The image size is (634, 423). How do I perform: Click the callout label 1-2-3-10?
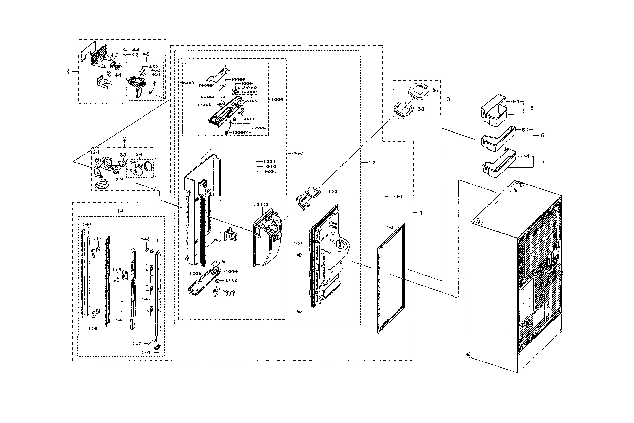pos(261,205)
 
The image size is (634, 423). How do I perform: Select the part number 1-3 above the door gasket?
pos(390,227)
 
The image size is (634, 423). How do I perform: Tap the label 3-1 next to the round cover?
pos(435,90)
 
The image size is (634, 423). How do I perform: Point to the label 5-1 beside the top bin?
pos(516,102)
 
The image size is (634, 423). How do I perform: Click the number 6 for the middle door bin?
pos(542,136)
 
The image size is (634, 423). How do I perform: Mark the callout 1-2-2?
pos(332,192)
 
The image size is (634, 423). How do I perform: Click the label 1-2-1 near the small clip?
pos(298,243)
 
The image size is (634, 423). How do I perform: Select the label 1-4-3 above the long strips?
pos(87,224)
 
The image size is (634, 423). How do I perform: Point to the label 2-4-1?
pos(134,162)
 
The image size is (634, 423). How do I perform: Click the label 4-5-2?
pos(153,67)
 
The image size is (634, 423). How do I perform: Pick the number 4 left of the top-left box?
pos(68,72)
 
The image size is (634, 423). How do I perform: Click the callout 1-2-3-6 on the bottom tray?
pos(195,274)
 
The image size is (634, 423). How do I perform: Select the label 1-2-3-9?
pos(232,271)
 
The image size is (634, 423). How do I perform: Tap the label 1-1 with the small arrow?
pos(399,196)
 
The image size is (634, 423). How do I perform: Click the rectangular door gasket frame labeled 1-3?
pos(391,278)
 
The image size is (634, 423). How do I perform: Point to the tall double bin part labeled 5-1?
pos(494,111)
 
